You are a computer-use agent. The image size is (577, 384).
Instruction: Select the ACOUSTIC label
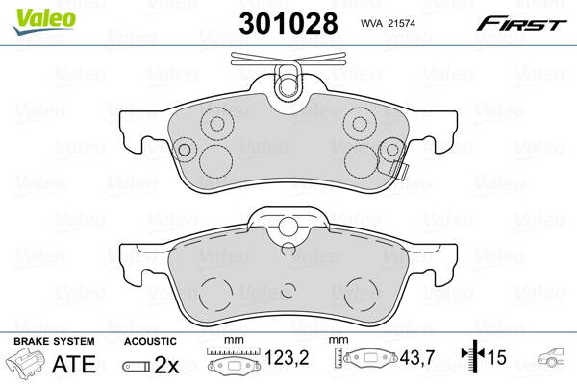[150, 341]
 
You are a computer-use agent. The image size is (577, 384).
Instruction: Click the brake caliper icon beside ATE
[26, 364]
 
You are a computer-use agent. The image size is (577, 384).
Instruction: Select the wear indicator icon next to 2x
[137, 364]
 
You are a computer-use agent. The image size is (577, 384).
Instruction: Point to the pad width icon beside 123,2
[233, 363]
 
